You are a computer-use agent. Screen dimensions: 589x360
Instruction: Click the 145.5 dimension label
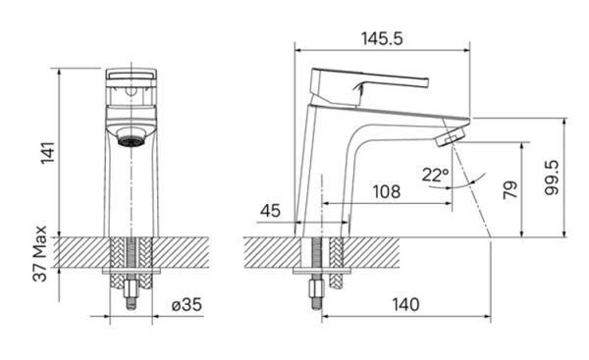coord(382,38)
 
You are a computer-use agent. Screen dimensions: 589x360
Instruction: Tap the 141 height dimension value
coord(48,153)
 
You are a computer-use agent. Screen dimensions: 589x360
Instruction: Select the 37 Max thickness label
coord(39,253)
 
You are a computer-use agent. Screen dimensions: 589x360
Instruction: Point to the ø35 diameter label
coord(187,304)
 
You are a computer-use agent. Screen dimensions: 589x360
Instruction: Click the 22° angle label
coord(435,175)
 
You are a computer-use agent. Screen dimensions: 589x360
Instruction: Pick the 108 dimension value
coord(387,191)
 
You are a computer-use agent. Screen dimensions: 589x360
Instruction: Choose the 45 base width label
coord(271,211)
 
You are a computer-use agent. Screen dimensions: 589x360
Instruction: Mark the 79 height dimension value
coord(510,189)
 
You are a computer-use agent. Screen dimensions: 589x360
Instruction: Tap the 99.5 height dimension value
coord(552,178)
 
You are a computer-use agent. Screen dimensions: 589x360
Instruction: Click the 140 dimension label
coord(405,304)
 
